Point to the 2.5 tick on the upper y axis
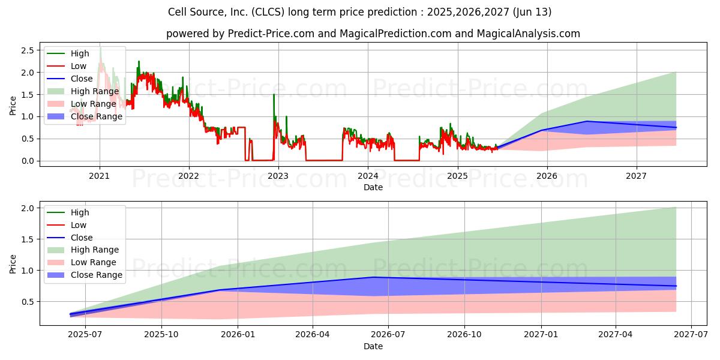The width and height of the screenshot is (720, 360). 27,50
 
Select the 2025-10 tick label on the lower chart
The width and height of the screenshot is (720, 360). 162,335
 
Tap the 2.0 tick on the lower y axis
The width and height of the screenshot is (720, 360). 27,208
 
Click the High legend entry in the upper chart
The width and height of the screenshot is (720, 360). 79,53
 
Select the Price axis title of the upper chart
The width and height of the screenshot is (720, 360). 13,106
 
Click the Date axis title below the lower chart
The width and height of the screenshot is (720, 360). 373,346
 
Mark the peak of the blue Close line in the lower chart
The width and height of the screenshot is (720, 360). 373,277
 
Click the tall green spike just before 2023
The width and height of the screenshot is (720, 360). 274,95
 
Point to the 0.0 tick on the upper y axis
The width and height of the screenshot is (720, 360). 27,161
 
